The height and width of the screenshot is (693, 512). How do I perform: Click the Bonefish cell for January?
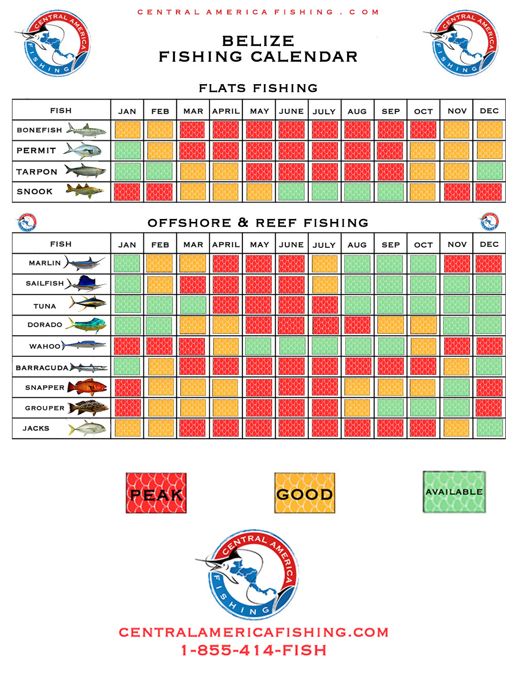click(x=127, y=130)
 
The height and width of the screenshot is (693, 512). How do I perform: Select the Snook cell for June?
click(x=291, y=192)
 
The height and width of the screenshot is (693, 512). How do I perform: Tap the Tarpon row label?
click(x=37, y=172)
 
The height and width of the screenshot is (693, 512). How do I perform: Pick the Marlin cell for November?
click(x=457, y=264)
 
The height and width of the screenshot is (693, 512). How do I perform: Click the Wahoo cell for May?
click(x=259, y=346)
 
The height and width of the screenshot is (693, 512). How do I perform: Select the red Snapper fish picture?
click(x=87, y=387)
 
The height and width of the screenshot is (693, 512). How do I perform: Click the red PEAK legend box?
click(x=156, y=493)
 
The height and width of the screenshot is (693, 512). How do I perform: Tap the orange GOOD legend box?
click(x=305, y=493)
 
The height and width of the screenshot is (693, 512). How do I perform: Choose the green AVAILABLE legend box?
click(x=454, y=492)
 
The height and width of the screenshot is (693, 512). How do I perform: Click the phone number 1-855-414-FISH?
click(x=254, y=650)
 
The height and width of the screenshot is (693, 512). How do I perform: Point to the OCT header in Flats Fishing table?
click(x=423, y=111)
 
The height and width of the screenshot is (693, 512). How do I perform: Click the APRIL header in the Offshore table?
click(x=226, y=245)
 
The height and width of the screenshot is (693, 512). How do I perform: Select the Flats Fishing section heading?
click(x=258, y=88)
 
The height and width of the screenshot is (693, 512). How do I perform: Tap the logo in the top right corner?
click(x=463, y=43)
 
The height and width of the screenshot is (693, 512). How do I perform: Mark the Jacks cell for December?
click(x=490, y=428)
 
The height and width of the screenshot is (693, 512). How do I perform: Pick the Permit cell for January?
click(x=127, y=151)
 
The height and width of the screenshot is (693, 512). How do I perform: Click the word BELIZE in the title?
click(x=258, y=41)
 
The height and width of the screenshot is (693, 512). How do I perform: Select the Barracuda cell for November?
click(x=457, y=367)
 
